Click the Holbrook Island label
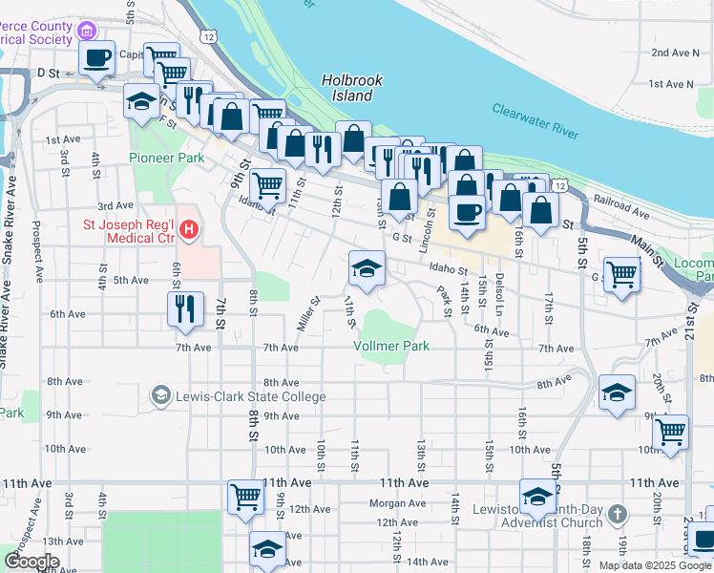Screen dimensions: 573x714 [x=346, y=89]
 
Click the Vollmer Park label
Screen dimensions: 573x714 [x=391, y=346]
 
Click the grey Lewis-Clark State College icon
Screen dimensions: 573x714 [x=161, y=395]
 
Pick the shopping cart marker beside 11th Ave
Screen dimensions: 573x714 [x=245, y=497]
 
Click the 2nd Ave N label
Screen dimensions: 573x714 [x=675, y=53]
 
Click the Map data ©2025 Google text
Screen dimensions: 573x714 [x=654, y=565]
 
